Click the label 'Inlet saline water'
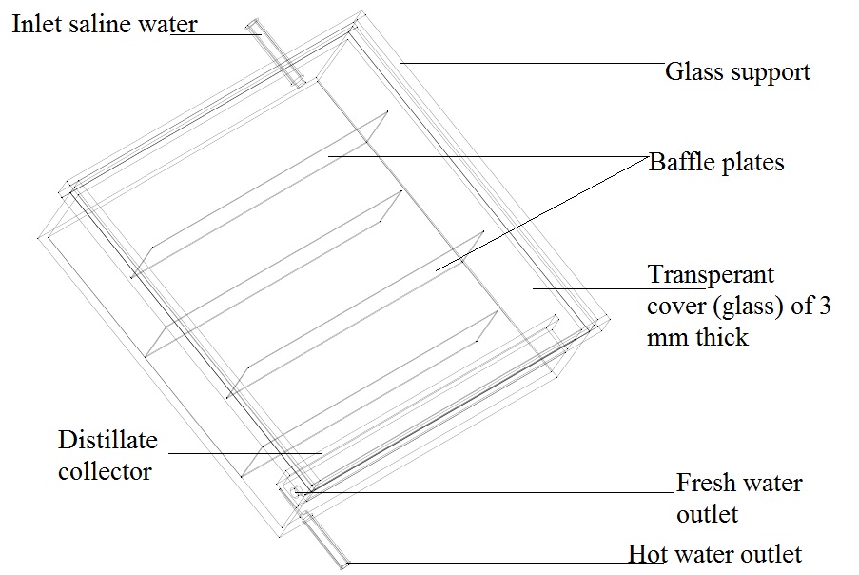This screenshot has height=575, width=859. [105, 23]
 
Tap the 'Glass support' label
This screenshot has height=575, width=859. [737, 71]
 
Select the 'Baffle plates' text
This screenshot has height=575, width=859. [716, 162]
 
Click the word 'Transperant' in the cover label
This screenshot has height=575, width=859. [712, 275]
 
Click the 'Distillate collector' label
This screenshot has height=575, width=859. [107, 455]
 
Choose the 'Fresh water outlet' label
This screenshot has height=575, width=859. [739, 498]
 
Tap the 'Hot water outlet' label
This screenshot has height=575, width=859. [714, 554]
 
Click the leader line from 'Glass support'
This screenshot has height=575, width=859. [533, 64]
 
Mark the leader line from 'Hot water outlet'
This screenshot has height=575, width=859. [485, 563]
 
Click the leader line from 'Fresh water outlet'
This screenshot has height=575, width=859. [485, 491]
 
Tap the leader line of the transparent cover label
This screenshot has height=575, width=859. [590, 287]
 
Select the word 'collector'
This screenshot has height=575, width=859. [105, 470]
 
